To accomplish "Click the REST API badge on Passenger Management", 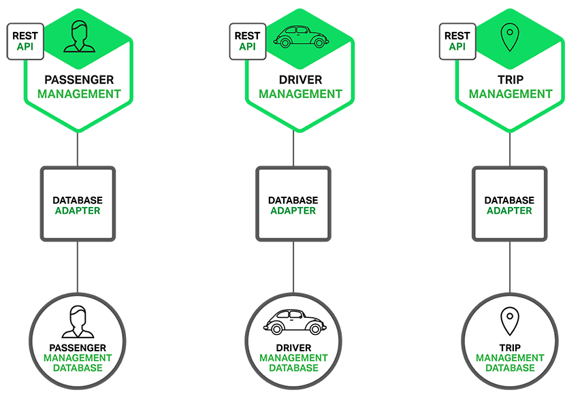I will pyautogui.click(x=25, y=41).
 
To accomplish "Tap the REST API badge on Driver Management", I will pyautogui.click(x=246, y=41).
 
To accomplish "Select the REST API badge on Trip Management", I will pyautogui.click(x=457, y=41).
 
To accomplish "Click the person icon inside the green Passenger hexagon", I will pyautogui.click(x=77, y=37).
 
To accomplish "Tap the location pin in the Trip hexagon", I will pyautogui.click(x=509, y=37).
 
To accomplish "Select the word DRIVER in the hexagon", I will pyautogui.click(x=300, y=79).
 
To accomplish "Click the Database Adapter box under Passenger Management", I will pyautogui.click(x=78, y=204).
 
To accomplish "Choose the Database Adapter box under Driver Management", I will pyautogui.click(x=293, y=204).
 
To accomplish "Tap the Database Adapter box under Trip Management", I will pyautogui.click(x=509, y=204).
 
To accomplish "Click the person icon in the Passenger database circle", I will pyautogui.click(x=77, y=321).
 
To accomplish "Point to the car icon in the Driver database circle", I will pyautogui.click(x=293, y=322).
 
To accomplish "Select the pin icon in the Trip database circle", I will pyautogui.click(x=509, y=321).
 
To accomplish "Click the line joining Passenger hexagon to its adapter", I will pyautogui.click(x=78, y=150).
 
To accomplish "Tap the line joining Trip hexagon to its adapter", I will pyautogui.click(x=509, y=150).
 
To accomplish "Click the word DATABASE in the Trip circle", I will pyautogui.click(x=509, y=368).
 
